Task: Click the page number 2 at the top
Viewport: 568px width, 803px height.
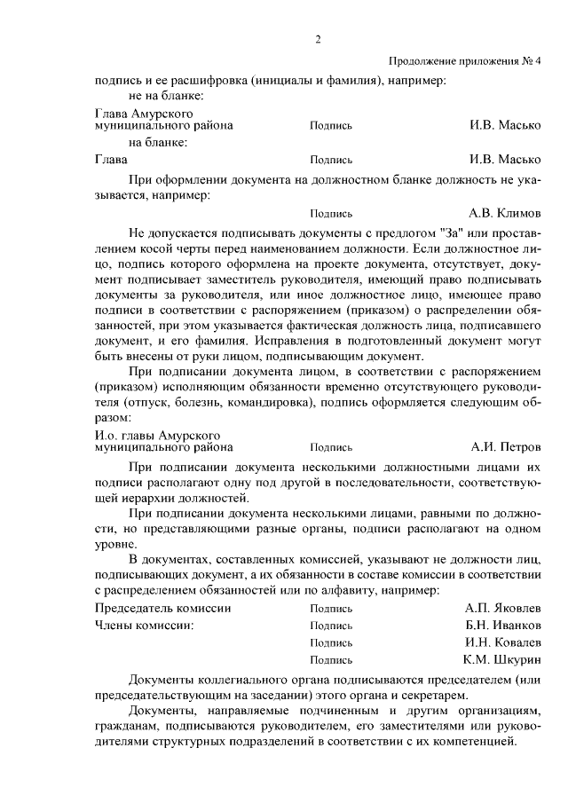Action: coord(317,39)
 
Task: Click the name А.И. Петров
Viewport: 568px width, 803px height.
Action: coord(506,447)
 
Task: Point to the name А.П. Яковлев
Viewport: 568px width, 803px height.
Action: coord(503,610)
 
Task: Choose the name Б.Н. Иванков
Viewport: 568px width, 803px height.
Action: coord(503,626)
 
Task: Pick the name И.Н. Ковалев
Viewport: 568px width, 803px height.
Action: coord(503,642)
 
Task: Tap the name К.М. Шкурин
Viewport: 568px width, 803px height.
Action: coord(502,659)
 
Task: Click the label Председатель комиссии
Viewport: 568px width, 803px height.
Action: coord(162,609)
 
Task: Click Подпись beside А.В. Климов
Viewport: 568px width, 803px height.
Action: coord(331,214)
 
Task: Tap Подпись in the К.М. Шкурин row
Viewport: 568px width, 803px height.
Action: coord(331,660)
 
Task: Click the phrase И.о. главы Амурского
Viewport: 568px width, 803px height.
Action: coord(157,436)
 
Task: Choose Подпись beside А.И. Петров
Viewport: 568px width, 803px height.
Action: coord(331,448)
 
